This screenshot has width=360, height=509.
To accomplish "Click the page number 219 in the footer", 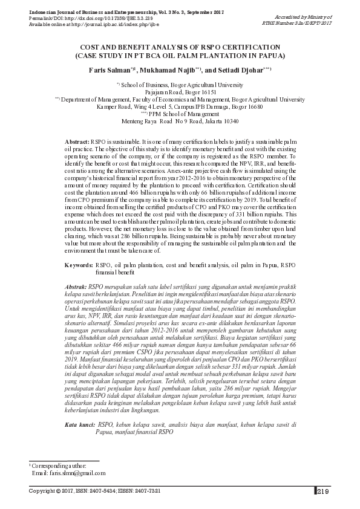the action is (x=322, y=491).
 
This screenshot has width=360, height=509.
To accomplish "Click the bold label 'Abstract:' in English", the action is (x=76, y=140).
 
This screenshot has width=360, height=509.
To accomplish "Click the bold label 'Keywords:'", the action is (x=79, y=264).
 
